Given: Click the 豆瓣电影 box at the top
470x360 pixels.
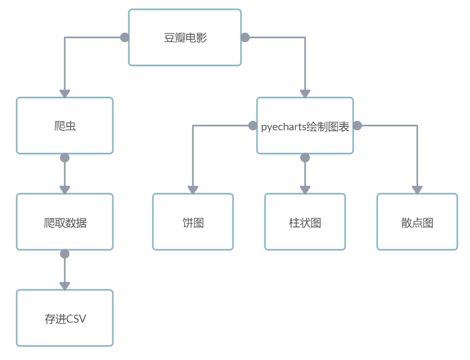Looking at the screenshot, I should coord(185,37).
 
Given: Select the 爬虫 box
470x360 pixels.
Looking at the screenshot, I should coord(65,126).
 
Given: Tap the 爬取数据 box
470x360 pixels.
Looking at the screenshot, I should coord(65,222).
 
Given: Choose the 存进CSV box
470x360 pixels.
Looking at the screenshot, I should coord(65,318).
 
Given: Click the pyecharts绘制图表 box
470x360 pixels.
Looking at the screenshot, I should coord(305,126).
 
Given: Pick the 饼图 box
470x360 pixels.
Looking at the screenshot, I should coord(193,222).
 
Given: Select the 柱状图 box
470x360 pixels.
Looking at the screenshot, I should coord(305,222).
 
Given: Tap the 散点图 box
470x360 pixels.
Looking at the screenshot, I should coord(417,222).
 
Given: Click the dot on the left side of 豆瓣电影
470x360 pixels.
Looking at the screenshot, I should coord(124,37).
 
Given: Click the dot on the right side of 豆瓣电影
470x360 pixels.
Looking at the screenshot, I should coord(245,37).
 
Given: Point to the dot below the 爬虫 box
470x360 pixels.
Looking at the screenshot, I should coord(65,158).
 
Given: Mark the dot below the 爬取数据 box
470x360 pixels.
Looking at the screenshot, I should coord(65,254).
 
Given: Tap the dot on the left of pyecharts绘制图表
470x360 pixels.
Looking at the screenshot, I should coord(252,126).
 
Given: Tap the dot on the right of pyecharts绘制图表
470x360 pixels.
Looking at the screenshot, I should coord(357,126).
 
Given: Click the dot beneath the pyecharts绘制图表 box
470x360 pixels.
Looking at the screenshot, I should coord(305,158).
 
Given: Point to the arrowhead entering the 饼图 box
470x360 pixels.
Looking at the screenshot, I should coord(193,190).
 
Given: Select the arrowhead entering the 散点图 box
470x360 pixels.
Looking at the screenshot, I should coord(417,190).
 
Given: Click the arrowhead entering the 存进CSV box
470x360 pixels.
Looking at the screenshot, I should coord(65,286).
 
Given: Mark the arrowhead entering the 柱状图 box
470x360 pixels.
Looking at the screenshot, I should coord(305,190).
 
